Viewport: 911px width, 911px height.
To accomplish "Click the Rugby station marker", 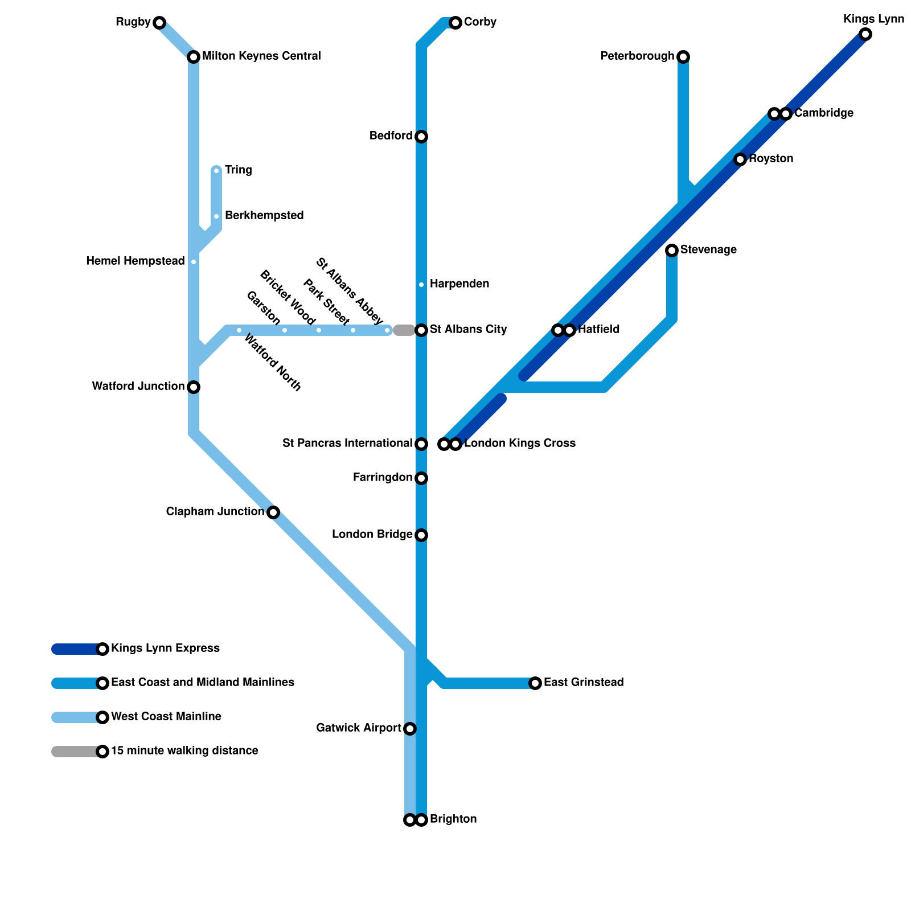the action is pos(159,23).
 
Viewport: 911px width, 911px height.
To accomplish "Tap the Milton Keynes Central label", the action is pos(261,56).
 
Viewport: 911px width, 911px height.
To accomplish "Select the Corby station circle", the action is pos(455,23).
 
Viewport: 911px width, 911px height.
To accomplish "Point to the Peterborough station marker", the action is pos(684,56).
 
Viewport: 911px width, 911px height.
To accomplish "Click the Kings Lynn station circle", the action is pos(865,34).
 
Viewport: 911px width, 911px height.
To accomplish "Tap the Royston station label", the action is pos(771,159).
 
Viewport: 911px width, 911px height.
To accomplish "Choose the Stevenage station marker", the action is pos(672,250).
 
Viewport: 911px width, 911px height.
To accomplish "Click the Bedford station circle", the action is pos(421,137).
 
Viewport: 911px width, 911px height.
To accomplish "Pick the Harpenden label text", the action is pos(459,284).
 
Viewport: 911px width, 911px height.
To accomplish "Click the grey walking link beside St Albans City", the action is pos(404,330).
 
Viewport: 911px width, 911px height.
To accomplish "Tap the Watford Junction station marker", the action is pos(194,387).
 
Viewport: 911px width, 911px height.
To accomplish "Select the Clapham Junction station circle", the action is pos(273,512).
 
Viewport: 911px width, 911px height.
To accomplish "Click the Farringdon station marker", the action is pos(421,478).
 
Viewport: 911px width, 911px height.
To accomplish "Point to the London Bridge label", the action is pos(372,535).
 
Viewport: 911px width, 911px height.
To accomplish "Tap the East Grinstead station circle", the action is pos(535,683).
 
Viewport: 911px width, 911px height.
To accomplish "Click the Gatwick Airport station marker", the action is pos(410,729).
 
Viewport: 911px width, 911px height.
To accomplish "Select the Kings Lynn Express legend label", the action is pos(165,649).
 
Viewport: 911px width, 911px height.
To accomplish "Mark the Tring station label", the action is pos(238,170).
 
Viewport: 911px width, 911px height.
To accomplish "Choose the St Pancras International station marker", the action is pos(421,444).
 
